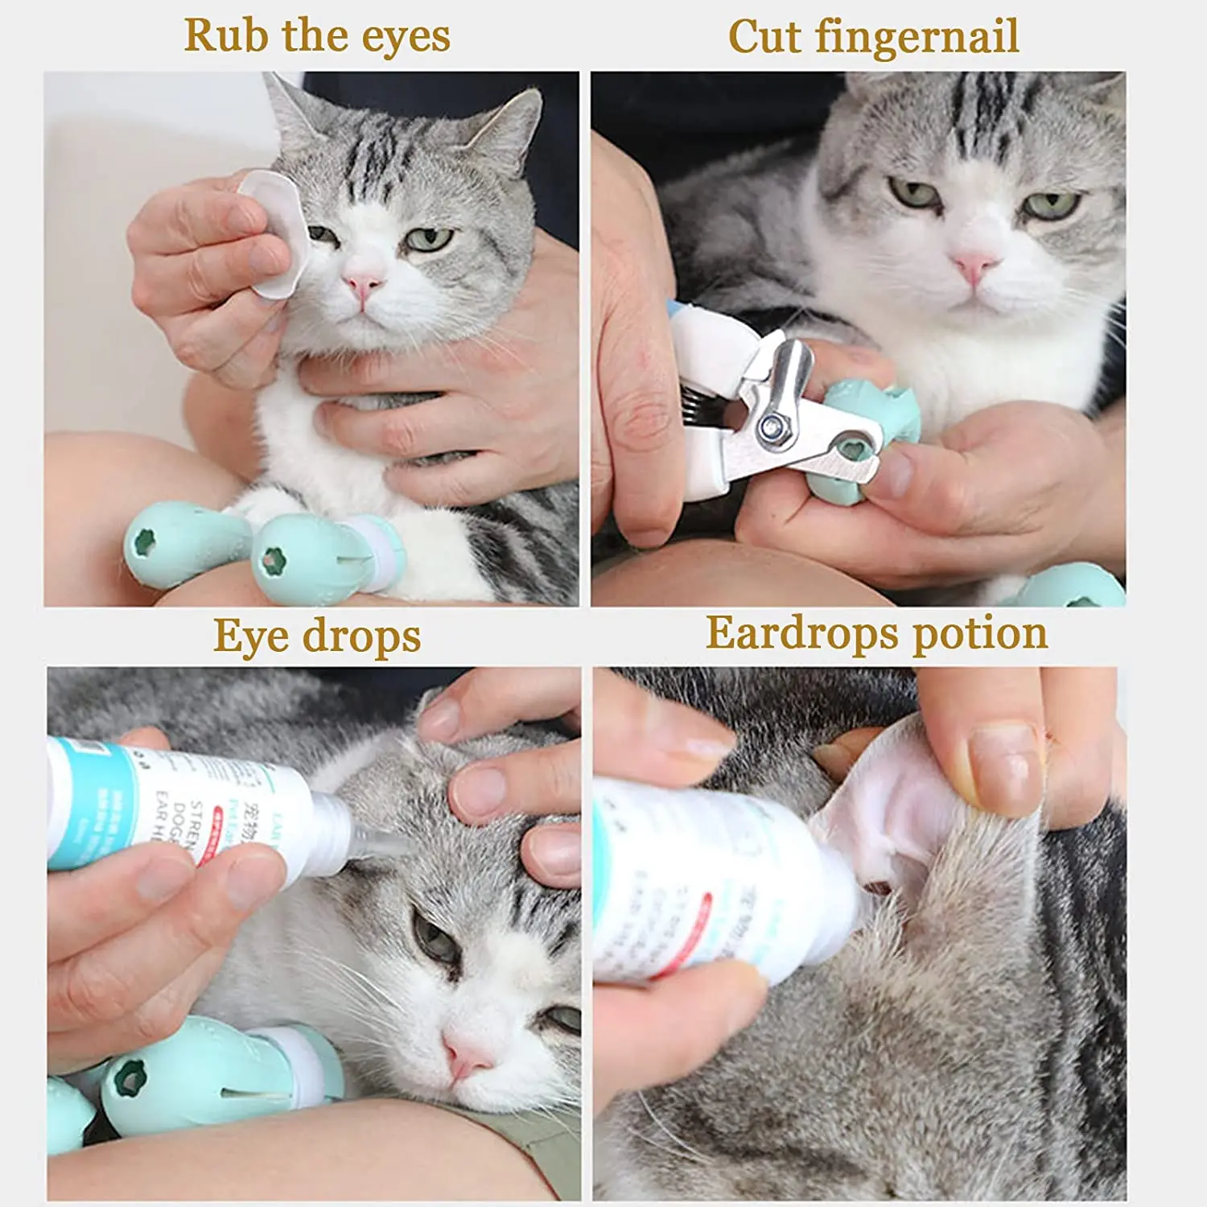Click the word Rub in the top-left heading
coord(218,35)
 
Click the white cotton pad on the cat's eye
coord(278,233)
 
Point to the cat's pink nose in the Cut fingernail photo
coord(974,265)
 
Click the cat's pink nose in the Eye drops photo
coord(465,1056)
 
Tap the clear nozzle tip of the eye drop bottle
coord(378,845)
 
